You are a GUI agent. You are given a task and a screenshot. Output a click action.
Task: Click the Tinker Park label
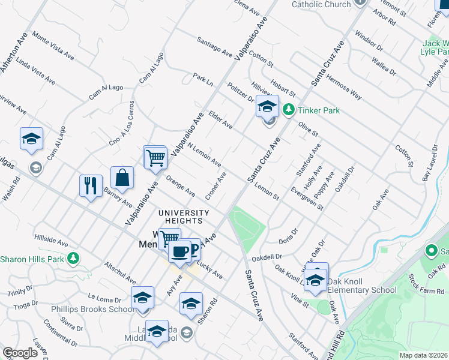point(319,110)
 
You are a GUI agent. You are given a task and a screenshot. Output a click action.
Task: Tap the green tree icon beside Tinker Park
point(289,110)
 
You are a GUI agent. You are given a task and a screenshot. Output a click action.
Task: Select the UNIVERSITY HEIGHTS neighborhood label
point(184,217)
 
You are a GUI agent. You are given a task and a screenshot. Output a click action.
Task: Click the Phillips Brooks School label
point(92,309)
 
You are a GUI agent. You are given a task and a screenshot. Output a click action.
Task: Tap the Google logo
point(20,353)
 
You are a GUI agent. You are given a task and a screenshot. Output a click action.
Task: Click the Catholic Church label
point(321,4)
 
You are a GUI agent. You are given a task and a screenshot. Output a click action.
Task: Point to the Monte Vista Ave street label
point(53,46)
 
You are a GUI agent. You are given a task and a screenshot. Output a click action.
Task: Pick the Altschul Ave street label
point(120,272)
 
